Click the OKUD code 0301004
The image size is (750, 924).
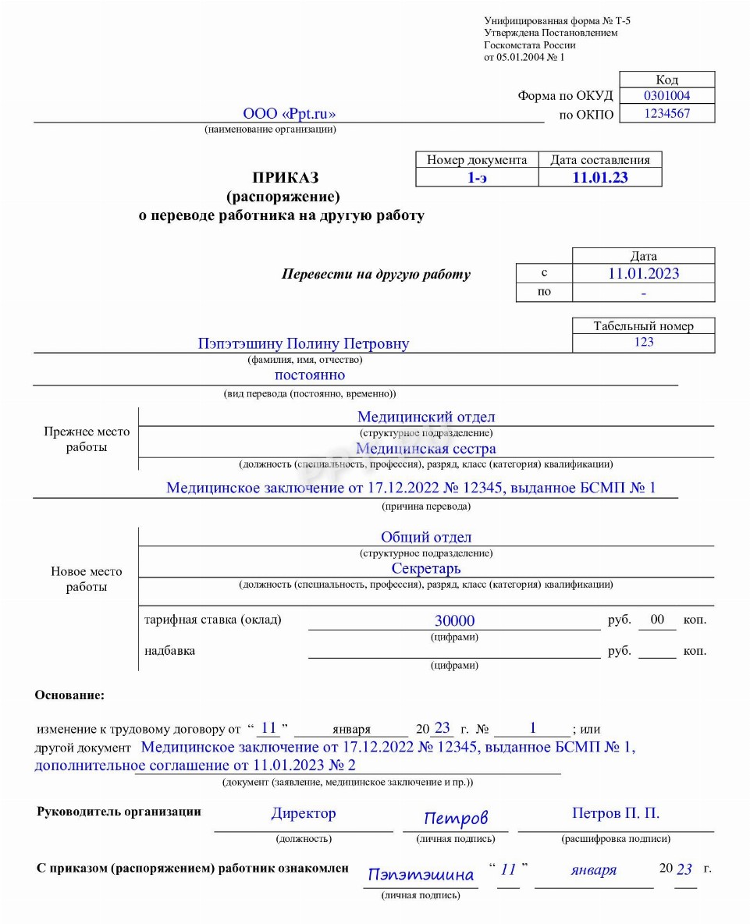[666, 96]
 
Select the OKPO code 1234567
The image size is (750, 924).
[666, 114]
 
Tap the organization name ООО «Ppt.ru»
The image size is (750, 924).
[289, 114]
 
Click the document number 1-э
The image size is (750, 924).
[477, 177]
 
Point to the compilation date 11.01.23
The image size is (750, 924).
[599, 177]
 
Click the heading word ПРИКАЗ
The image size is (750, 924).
[285, 178]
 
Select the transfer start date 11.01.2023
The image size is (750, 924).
[643, 273]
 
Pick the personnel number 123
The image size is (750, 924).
[644, 342]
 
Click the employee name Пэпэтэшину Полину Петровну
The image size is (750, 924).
[304, 343]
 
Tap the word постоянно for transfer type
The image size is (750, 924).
[310, 375]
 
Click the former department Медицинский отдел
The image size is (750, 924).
[426, 418]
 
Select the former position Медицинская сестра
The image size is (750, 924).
[426, 449]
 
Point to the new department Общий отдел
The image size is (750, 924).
[426, 537]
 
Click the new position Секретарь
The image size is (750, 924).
[426, 568]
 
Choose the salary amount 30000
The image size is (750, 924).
[454, 621]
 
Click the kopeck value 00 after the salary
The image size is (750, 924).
[657, 620]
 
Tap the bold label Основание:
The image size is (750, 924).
[69, 695]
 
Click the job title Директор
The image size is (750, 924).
[304, 813]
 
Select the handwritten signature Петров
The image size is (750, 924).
[456, 818]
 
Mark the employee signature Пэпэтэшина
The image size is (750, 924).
[421, 874]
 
